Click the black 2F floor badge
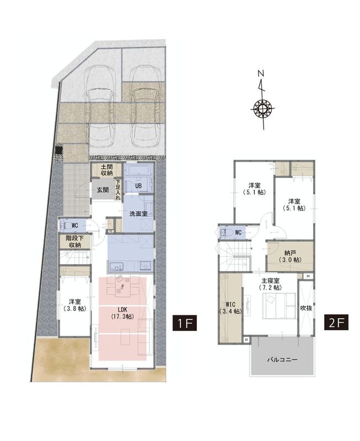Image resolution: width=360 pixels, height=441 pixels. (336, 322)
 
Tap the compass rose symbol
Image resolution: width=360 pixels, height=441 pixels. (262, 108)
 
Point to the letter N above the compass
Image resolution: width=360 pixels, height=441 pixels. (261, 73)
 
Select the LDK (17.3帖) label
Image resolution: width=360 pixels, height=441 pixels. (122, 313)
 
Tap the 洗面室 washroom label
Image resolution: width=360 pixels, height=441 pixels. (138, 214)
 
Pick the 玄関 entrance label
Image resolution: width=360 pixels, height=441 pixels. (103, 190)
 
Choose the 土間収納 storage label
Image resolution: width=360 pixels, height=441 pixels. (106, 170)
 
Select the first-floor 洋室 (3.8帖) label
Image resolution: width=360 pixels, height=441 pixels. (74, 305)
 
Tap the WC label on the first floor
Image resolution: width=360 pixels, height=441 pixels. (75, 225)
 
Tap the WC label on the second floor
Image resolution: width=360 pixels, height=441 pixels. (238, 233)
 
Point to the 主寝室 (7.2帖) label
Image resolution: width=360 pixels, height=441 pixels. (270, 284)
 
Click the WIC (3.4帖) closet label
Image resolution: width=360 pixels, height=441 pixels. (230, 308)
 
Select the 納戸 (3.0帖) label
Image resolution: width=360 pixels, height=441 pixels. (290, 256)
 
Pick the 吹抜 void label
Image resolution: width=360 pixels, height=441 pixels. (306, 308)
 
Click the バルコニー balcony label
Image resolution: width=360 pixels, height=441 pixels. (282, 359)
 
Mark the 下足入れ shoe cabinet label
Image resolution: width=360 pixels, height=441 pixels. (118, 190)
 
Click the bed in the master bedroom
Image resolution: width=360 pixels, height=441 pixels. (279, 306)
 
